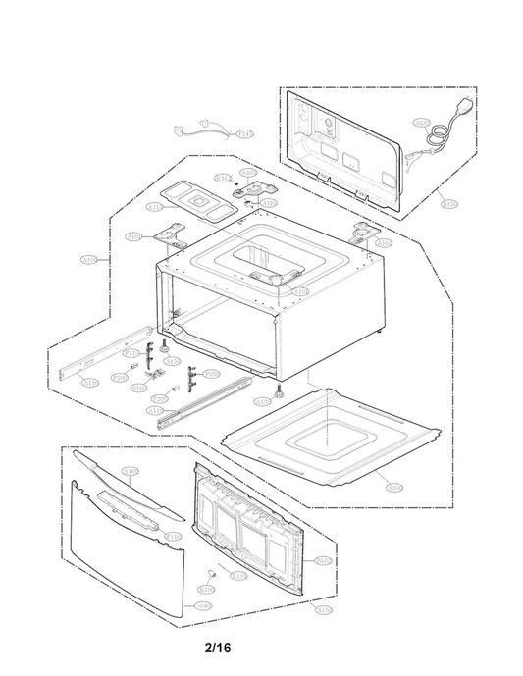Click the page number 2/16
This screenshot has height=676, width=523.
tap(220, 648)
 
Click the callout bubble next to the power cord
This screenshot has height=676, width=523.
tap(422, 124)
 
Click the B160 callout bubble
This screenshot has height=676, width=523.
tap(139, 388)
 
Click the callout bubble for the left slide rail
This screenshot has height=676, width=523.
tap(89, 383)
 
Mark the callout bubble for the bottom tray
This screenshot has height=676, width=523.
tap(393, 487)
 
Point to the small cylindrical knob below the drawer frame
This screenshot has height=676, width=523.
tap(210, 571)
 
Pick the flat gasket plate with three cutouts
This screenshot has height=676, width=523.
tap(196, 199)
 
